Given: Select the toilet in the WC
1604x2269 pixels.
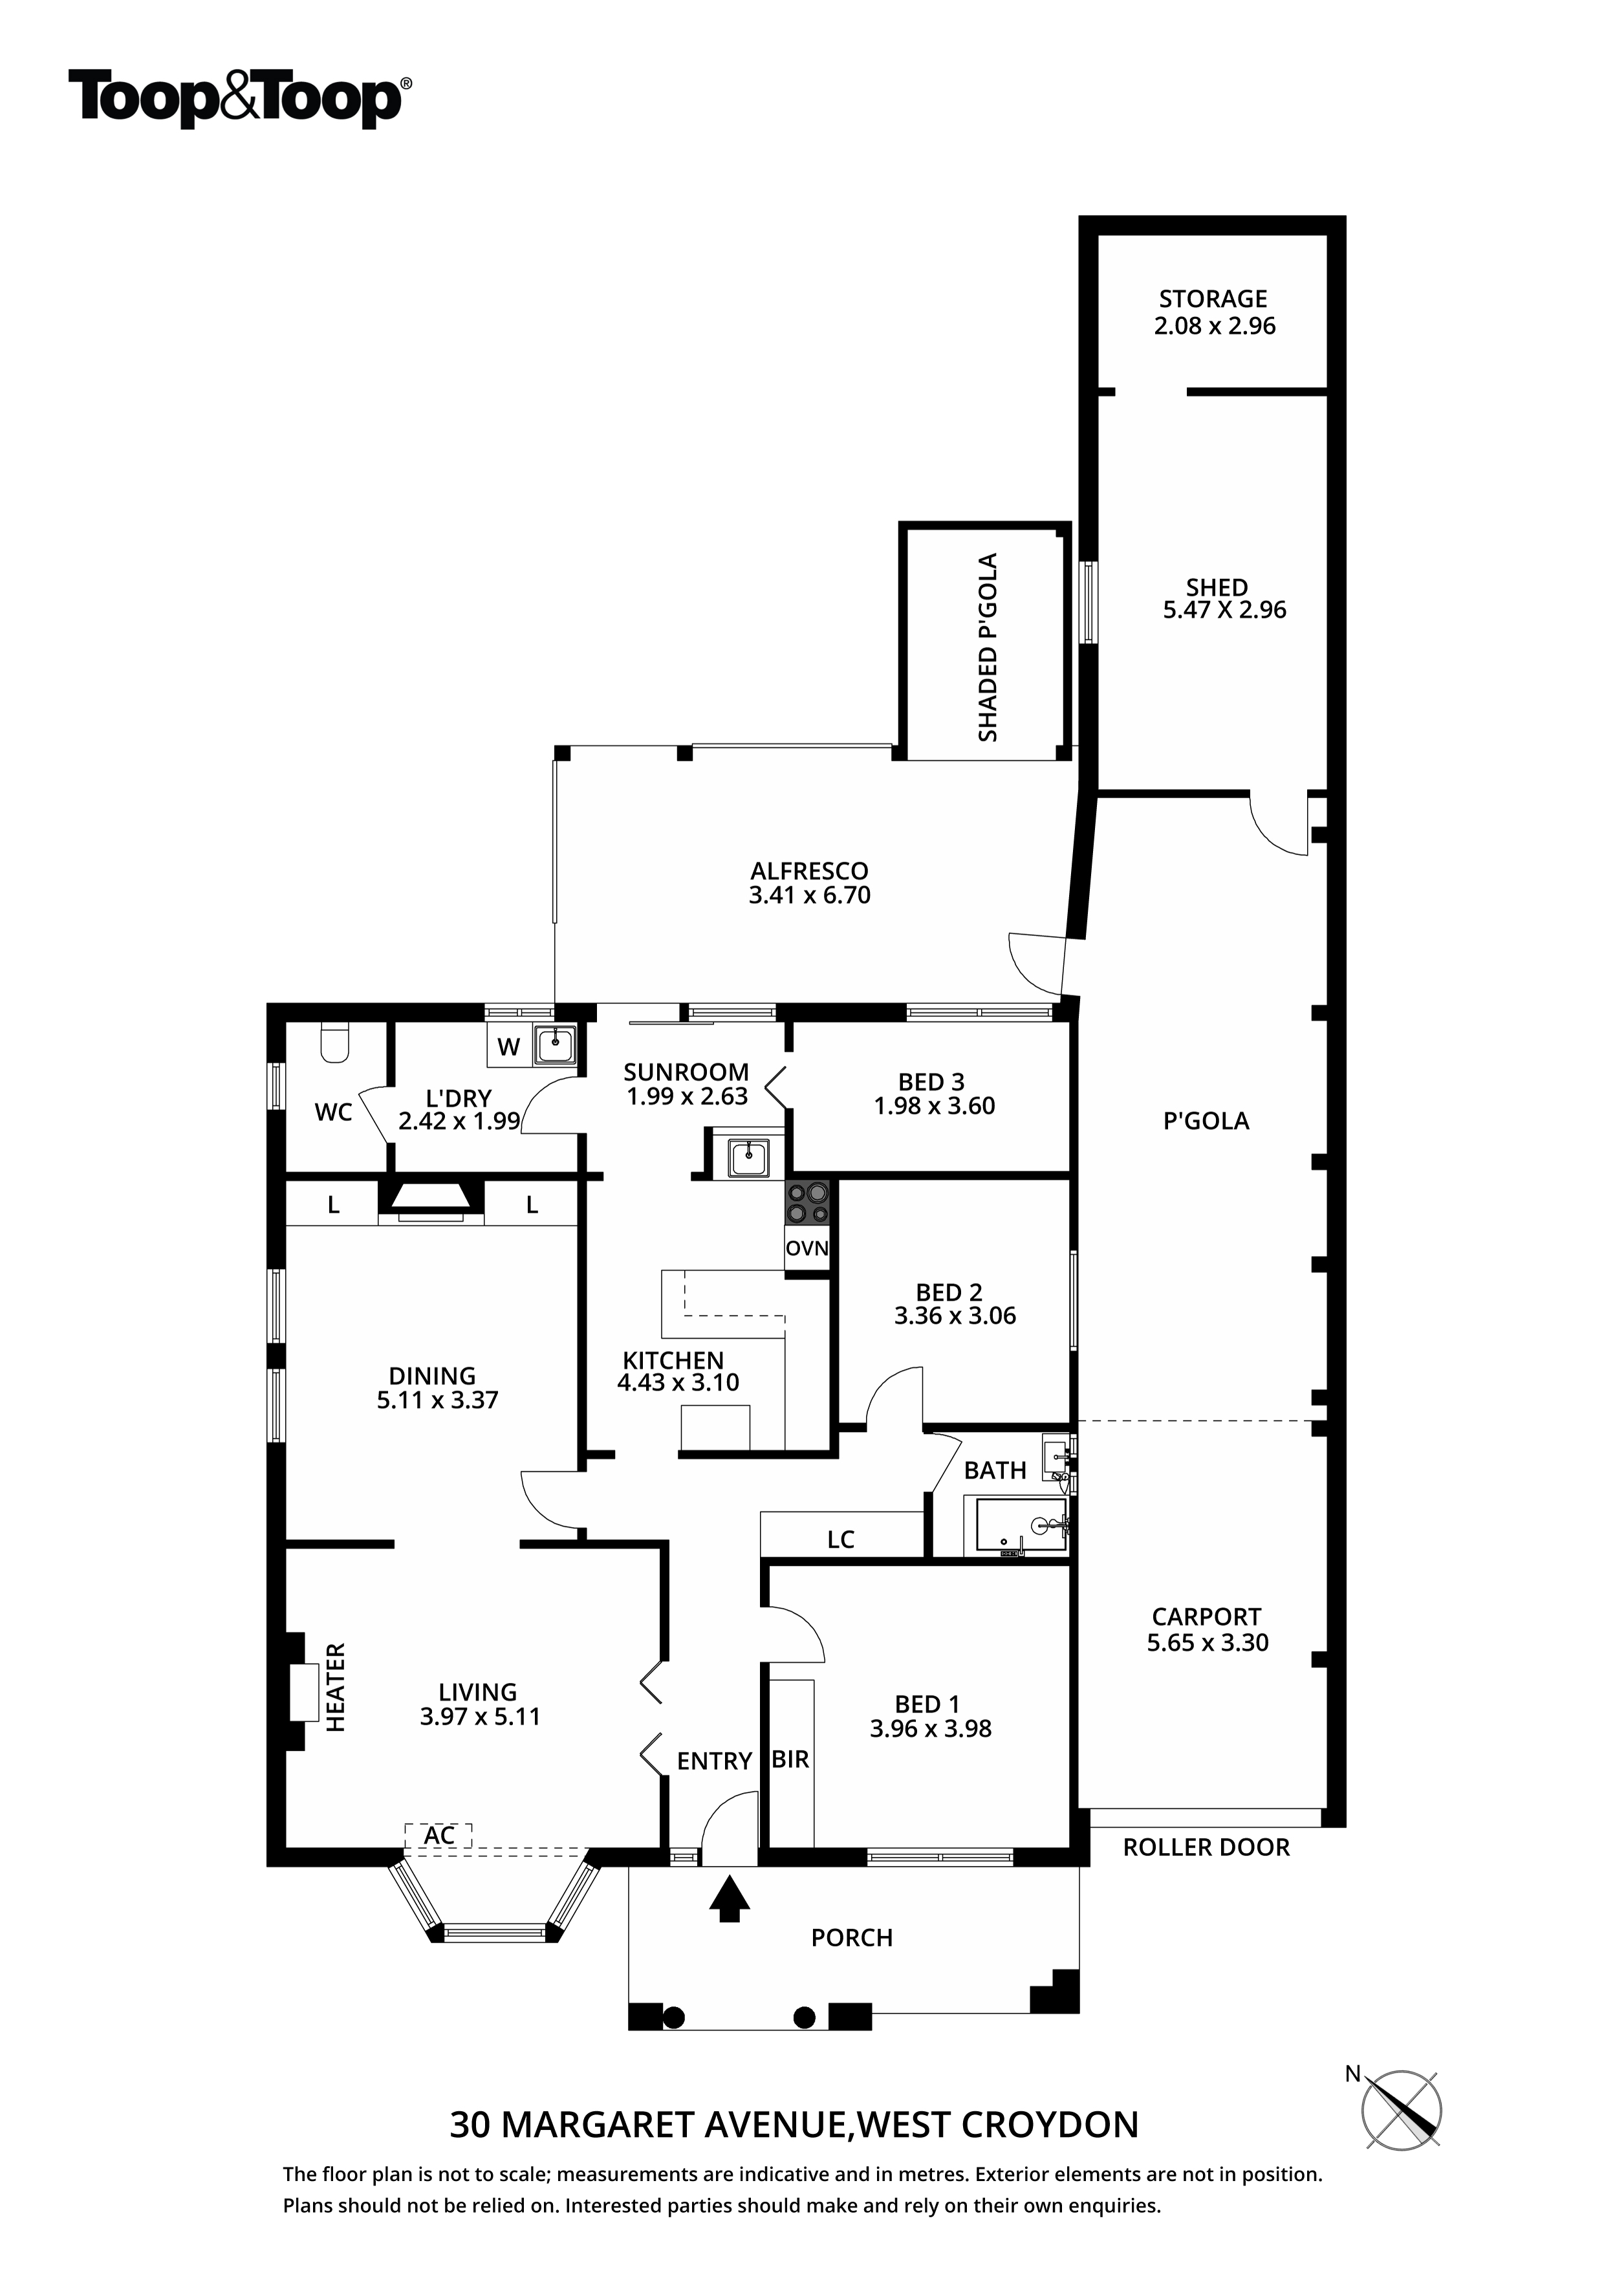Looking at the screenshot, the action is tap(335, 1043).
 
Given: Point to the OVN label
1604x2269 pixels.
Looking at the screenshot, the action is tap(807, 1249).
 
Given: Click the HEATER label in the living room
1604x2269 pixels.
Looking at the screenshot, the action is tap(336, 1687).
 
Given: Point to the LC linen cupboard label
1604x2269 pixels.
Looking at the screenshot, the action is tap(841, 1539).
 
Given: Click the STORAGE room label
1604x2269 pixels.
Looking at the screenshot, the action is tap(1213, 298).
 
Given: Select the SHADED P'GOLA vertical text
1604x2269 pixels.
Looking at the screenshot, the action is tap(988, 647).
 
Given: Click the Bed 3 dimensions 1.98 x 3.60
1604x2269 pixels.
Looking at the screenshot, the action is tap(934, 1106).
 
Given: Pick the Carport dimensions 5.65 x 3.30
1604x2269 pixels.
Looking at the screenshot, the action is tap(1208, 1642).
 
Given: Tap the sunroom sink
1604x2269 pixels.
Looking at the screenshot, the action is tap(749, 1157).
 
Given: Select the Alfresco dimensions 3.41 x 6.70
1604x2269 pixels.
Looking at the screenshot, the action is tap(809, 895).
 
